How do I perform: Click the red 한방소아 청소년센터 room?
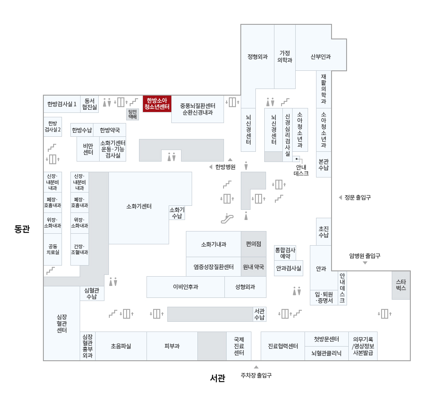point(157,104)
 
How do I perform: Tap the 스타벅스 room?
point(401,285)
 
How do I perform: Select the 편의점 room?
point(254,244)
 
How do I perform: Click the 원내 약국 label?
point(254,267)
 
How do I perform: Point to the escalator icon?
point(227,218)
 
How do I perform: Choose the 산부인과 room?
point(320,57)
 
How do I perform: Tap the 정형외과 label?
point(257,57)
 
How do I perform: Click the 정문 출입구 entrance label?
point(358,197)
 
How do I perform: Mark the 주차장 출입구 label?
point(256,375)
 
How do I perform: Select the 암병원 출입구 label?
point(365,256)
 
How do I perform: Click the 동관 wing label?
point(22,229)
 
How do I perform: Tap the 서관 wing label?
point(217,378)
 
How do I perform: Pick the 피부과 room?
point(172,346)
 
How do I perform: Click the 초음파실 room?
point(121,346)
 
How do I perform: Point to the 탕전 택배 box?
point(132,114)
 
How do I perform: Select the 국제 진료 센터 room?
point(239,346)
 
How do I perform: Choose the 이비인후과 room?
point(185,287)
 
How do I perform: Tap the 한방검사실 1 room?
point(62,104)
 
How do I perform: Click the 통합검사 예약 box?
point(285,253)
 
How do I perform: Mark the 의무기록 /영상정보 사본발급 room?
point(363,346)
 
